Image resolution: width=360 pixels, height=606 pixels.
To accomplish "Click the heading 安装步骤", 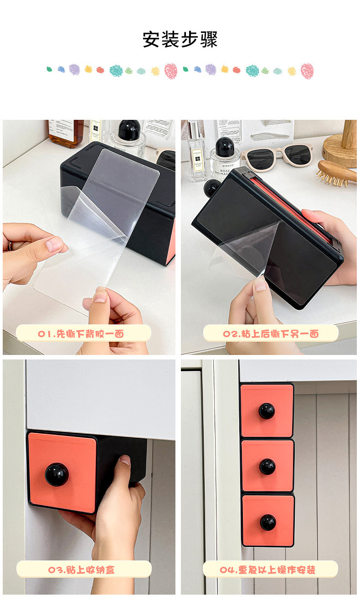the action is tap(180, 40).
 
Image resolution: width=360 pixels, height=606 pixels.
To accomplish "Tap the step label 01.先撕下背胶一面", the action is tap(81, 334).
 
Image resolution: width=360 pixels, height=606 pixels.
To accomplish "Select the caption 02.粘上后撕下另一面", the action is tap(271, 334).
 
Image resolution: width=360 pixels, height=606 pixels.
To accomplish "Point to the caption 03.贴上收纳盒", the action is tap(82, 570).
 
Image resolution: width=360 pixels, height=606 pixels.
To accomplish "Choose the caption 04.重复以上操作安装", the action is tap(267, 570).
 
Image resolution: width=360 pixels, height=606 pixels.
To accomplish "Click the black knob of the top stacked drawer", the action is tap(267, 411).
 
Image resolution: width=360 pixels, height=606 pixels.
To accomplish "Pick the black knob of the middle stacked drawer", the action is tap(267, 467).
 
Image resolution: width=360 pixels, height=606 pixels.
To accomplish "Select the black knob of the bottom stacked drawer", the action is tap(268, 523).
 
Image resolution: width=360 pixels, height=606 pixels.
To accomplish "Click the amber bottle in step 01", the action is tap(66, 134).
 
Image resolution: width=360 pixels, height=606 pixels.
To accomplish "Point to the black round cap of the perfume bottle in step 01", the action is tap(129, 130).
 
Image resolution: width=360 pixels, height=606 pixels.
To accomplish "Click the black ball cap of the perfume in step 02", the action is tap(225, 147).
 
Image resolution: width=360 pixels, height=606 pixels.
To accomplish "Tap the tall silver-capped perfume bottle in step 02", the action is tap(197, 151).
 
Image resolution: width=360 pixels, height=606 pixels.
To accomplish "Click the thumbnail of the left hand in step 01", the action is tap(54, 244).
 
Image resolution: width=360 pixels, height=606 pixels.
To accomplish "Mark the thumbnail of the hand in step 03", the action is tap(125, 460).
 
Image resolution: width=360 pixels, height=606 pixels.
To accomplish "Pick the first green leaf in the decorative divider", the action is tap(49, 69).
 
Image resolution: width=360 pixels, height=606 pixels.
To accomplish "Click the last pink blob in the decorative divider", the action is tap(307, 71).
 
